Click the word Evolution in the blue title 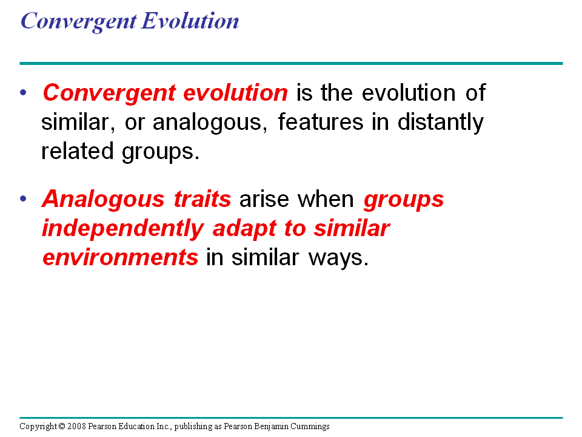point(190,21)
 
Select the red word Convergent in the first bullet point(109,93)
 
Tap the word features point(320,121)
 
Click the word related point(77,151)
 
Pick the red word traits point(202,199)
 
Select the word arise point(264,199)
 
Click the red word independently point(123,229)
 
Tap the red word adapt point(244,229)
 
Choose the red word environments point(120,257)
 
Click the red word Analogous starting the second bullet point(103,200)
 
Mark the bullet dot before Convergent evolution point(24,92)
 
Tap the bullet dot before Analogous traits point(24,199)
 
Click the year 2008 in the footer point(76,426)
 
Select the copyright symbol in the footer point(62,426)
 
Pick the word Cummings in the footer point(310,427)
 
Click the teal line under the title point(291,64)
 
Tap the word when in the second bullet point(326,199)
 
